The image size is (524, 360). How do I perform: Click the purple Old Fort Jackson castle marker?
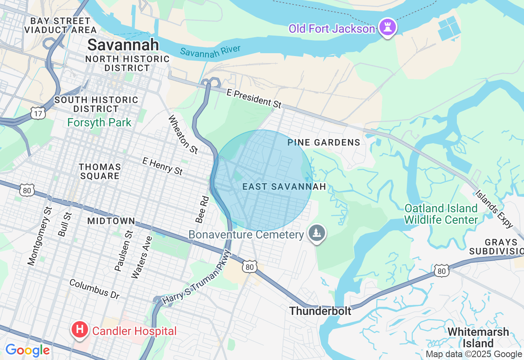[386, 27]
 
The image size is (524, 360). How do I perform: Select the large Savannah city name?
[123, 45]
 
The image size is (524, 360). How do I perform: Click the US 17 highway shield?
[38, 113]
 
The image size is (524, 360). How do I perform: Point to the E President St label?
[254, 99]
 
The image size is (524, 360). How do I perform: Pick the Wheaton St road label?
[183, 134]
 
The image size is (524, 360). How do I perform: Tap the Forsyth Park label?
[99, 122]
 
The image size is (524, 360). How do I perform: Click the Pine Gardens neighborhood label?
[324, 142]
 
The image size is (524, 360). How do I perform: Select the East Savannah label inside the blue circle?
[284, 187]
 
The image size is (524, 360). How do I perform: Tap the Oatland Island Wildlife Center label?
[441, 214]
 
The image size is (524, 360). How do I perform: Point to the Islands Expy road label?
[494, 209]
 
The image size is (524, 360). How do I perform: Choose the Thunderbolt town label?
[320, 311]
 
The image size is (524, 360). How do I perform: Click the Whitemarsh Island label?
[478, 337]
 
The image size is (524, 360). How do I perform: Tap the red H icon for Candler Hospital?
[80, 329]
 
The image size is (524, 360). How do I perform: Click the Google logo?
[27, 351]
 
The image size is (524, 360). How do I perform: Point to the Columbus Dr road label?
[94, 289]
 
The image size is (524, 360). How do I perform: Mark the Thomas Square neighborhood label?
[100, 171]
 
